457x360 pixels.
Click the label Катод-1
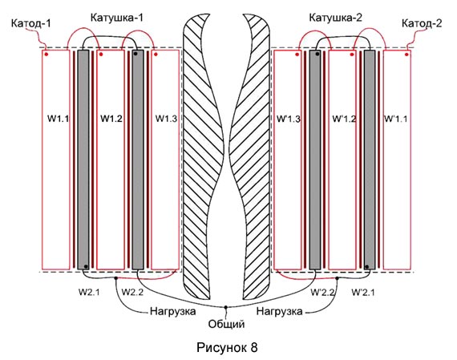point(31,23)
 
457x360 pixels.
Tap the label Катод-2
point(422,23)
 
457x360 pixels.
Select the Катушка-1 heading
point(117,18)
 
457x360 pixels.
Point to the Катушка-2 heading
point(335,18)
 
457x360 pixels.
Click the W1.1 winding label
point(58,119)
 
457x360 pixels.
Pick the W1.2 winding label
point(111,119)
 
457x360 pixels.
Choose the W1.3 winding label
point(166,119)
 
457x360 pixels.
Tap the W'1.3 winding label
point(289,119)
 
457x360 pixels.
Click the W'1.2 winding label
point(344,119)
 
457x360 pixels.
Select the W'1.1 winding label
point(396,119)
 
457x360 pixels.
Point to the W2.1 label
point(89,292)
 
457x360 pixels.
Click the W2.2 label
point(132,292)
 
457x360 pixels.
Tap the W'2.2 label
point(322,293)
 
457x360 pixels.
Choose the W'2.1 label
point(363,293)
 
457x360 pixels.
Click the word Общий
point(226,324)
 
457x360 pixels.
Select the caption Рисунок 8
point(227,347)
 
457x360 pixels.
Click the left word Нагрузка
point(173,311)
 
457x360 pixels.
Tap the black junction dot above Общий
point(225,307)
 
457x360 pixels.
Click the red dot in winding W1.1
point(47,55)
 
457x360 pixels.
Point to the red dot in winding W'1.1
point(406,55)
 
